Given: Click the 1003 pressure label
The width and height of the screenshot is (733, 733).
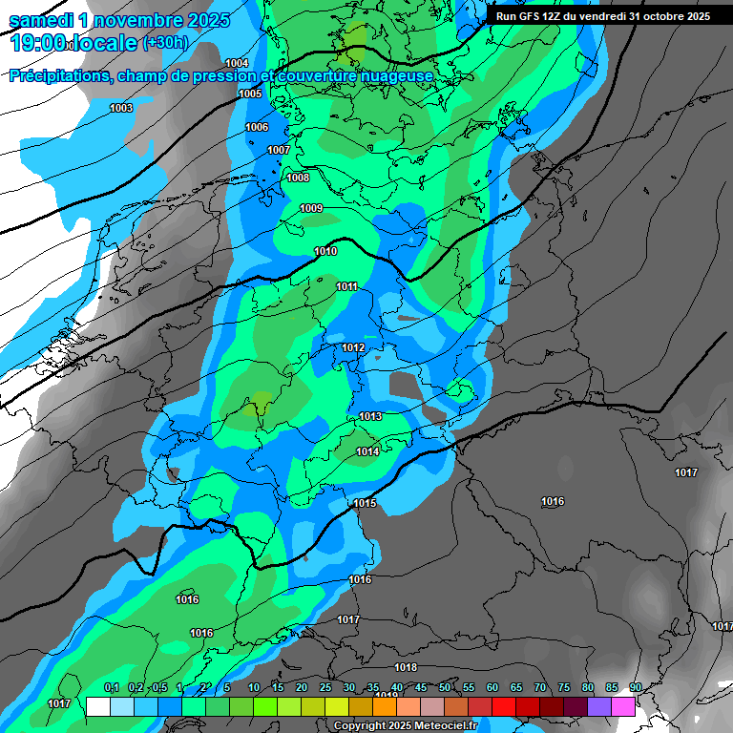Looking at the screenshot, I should click(x=121, y=108).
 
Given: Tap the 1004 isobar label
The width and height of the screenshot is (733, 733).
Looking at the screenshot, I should click(x=237, y=63).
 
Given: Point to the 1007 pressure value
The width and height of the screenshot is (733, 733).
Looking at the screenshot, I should click(x=279, y=150).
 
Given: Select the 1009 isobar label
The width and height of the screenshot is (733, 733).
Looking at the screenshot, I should click(x=311, y=209).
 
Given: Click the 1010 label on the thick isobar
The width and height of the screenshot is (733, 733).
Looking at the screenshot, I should click(x=325, y=251).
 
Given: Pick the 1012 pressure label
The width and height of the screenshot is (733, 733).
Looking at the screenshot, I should click(x=353, y=348).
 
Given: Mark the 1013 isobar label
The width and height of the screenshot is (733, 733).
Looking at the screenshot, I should click(x=370, y=416).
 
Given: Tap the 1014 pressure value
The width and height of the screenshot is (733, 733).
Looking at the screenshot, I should click(x=367, y=451).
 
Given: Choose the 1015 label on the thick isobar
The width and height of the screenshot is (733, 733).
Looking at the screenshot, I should click(x=365, y=503).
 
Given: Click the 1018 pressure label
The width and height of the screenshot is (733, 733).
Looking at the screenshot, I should click(x=406, y=667).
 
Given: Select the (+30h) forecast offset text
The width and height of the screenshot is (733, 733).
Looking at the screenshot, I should click(x=165, y=43).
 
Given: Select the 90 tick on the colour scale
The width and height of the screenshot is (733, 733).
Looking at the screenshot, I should click(x=636, y=688).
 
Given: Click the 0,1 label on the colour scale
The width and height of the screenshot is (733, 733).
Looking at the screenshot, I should click(x=111, y=688).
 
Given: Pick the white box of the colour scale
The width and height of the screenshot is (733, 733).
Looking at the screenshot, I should click(x=97, y=706).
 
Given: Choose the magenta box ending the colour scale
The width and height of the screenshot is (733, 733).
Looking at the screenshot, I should click(x=623, y=706).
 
